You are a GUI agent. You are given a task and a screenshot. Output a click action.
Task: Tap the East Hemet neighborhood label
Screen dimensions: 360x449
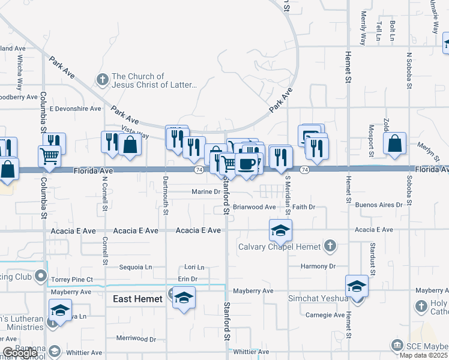tap(137, 299)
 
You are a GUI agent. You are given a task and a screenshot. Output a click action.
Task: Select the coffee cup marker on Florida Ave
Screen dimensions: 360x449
tap(246, 164)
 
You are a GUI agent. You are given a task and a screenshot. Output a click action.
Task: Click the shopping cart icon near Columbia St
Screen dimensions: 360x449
tap(50, 156)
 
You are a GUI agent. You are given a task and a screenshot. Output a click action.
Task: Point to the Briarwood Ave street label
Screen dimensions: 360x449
tap(254, 207)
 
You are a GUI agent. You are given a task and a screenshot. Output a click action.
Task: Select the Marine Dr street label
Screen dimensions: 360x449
tap(206, 192)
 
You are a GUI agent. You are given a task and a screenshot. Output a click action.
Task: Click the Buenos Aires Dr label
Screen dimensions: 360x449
tap(379, 205)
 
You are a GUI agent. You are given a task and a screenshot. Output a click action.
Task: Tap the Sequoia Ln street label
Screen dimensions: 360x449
tap(136, 266)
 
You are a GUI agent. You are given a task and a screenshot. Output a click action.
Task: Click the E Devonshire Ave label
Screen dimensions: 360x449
tap(76, 109)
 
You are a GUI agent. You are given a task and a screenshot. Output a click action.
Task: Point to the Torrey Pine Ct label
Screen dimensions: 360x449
tap(72, 280)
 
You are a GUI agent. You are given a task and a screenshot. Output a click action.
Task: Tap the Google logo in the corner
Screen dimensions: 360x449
tap(19, 353)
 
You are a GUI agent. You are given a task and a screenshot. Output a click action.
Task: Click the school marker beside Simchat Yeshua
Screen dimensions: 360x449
tap(357, 286)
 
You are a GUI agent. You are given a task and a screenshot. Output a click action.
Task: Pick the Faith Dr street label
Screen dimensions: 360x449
tap(304, 207)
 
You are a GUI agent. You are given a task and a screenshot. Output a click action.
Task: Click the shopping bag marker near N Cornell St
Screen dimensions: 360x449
tap(130, 145)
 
